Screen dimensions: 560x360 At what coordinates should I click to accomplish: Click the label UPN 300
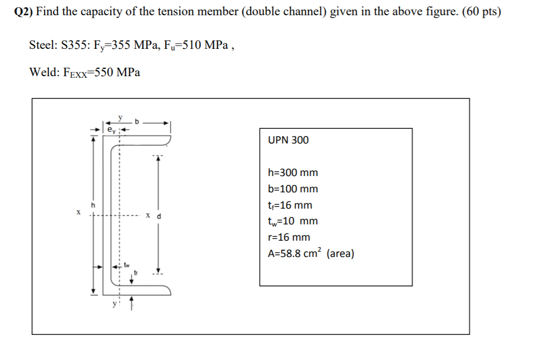point(288,140)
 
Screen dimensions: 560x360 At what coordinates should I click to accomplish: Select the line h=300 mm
point(293,173)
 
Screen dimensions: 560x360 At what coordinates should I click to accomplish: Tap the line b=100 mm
point(293,189)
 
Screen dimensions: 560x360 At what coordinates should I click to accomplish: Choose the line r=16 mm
point(289,238)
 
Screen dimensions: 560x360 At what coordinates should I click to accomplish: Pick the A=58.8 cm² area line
point(310,254)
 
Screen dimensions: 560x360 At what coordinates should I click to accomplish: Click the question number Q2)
point(24,12)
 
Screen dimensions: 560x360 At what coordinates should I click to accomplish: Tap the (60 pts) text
point(481,12)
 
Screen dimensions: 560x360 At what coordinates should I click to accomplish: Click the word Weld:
point(43,73)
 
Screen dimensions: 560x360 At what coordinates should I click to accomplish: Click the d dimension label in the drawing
point(158,215)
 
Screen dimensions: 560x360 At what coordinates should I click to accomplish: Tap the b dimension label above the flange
point(137,121)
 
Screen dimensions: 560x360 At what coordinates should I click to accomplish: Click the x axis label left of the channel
point(78,213)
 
